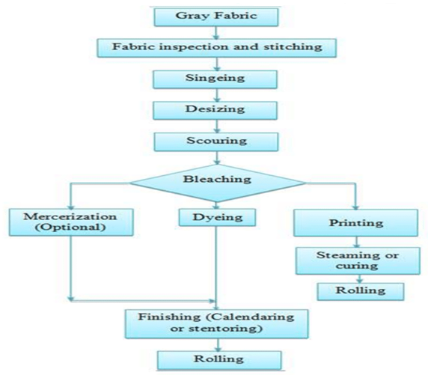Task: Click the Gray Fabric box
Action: tap(216, 17)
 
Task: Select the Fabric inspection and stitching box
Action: tap(217, 48)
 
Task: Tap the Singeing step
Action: tap(215, 79)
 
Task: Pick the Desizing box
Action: tap(215, 110)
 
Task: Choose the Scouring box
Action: tap(216, 141)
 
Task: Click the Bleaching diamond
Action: tap(218, 183)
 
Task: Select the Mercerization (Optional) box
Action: tap(71, 222)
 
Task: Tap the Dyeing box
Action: tap(217, 217)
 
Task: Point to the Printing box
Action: tap(355, 223)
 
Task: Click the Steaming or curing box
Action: tap(358, 260)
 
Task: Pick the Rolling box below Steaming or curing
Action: tap(361, 291)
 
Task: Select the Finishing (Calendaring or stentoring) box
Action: tap(217, 324)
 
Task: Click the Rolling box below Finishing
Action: tap(219, 360)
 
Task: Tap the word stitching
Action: tap(293, 47)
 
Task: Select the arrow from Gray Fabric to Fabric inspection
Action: tap(216, 33)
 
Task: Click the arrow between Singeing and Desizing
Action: tap(217, 95)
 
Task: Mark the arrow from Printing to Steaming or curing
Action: tap(357, 242)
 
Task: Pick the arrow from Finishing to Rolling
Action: tap(218, 345)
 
